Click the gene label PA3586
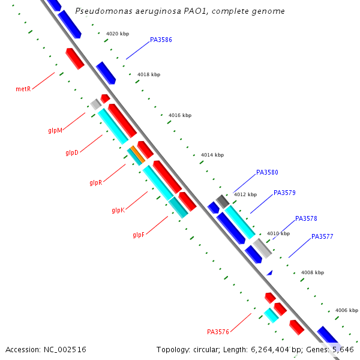click(161, 40)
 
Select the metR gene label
click(23, 89)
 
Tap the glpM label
click(55, 130)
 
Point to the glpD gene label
click(72, 152)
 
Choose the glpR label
click(95, 182)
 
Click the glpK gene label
click(118, 210)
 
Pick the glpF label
click(139, 235)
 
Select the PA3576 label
click(218, 332)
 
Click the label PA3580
click(267, 172)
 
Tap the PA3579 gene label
click(284, 193)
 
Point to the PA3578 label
click(306, 218)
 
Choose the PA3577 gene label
click(322, 236)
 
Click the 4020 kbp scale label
click(117, 34)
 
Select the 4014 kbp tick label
click(212, 155)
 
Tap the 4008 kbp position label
click(312, 272)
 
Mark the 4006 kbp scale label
click(346, 310)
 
